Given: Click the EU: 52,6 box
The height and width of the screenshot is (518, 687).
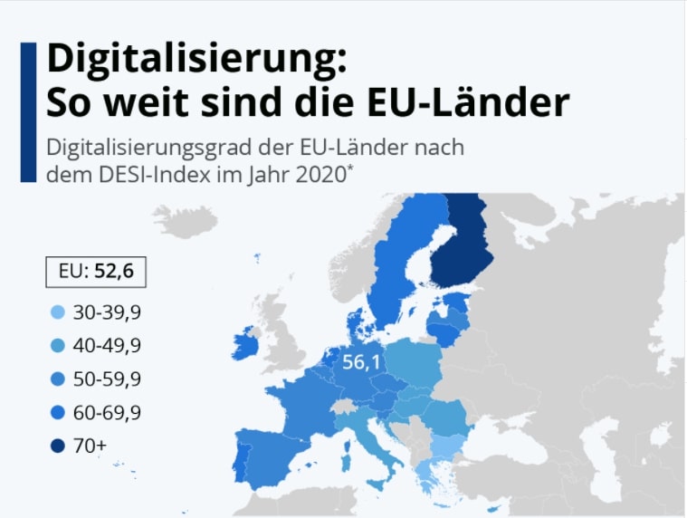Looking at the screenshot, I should (x=95, y=272).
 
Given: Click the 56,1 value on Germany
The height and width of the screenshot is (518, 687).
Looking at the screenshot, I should (x=360, y=363).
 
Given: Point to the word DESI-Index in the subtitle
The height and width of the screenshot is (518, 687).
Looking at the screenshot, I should (x=135, y=172).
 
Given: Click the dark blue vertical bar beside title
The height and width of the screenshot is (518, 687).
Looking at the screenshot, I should (x=28, y=111).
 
